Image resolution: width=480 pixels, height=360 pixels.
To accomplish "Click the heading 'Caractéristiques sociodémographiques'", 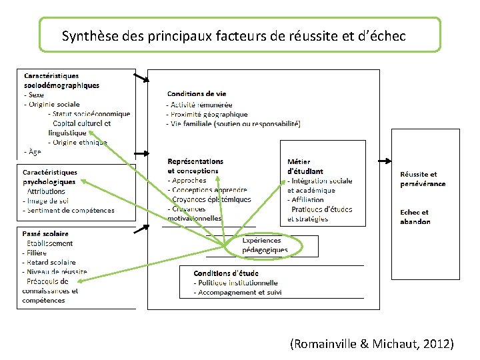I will pos(61,81).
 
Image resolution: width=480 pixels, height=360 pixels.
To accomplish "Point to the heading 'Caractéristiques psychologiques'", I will pos(50,177).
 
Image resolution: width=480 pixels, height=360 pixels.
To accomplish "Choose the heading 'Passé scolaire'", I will pos(45,234).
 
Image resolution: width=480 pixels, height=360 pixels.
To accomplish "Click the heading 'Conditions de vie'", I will pos(197,94).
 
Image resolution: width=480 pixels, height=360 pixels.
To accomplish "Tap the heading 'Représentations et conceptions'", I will pos(195,166).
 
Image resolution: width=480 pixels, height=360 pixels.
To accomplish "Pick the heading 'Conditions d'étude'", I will pos(226,273).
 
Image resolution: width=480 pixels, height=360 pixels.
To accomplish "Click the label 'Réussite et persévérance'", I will pos(423,179).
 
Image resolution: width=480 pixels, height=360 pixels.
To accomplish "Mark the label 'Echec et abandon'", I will pos(415,217).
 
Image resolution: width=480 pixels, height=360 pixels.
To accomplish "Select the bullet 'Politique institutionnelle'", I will pos(236,283).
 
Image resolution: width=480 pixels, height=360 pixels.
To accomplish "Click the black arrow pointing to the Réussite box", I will pos(385,161).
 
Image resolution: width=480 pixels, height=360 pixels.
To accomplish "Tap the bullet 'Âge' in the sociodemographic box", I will pos(33,151).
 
